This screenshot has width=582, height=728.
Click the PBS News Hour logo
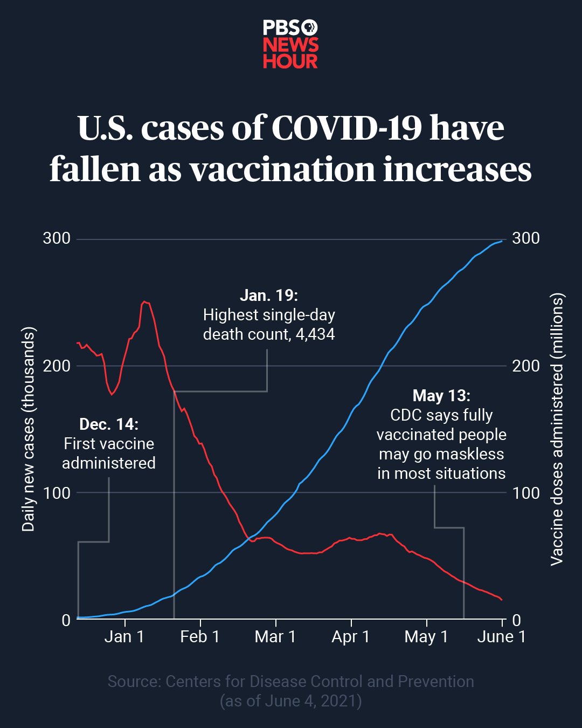pos(290,44)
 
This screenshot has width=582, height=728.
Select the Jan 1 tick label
pos(124,637)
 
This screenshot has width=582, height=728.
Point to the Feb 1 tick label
pos(200,637)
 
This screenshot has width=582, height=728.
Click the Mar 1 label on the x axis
pos(275,637)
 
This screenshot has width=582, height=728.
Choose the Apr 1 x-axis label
pos(351,637)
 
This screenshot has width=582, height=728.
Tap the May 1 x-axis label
pos(426,637)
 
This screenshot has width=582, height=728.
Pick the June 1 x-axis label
pos(501,637)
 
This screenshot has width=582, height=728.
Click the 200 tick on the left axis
pos(57,366)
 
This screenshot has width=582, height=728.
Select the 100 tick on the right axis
pos(525,493)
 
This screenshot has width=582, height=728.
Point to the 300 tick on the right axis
pos(525,238)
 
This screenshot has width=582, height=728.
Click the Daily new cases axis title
pos(28,429)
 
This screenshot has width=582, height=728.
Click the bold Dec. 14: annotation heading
pos(109,424)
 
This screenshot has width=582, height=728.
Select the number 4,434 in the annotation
pos(315,334)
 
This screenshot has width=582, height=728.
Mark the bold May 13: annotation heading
pos(441,396)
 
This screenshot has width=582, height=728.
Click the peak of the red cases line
pos(144,302)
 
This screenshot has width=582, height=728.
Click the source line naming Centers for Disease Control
pos(290,682)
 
